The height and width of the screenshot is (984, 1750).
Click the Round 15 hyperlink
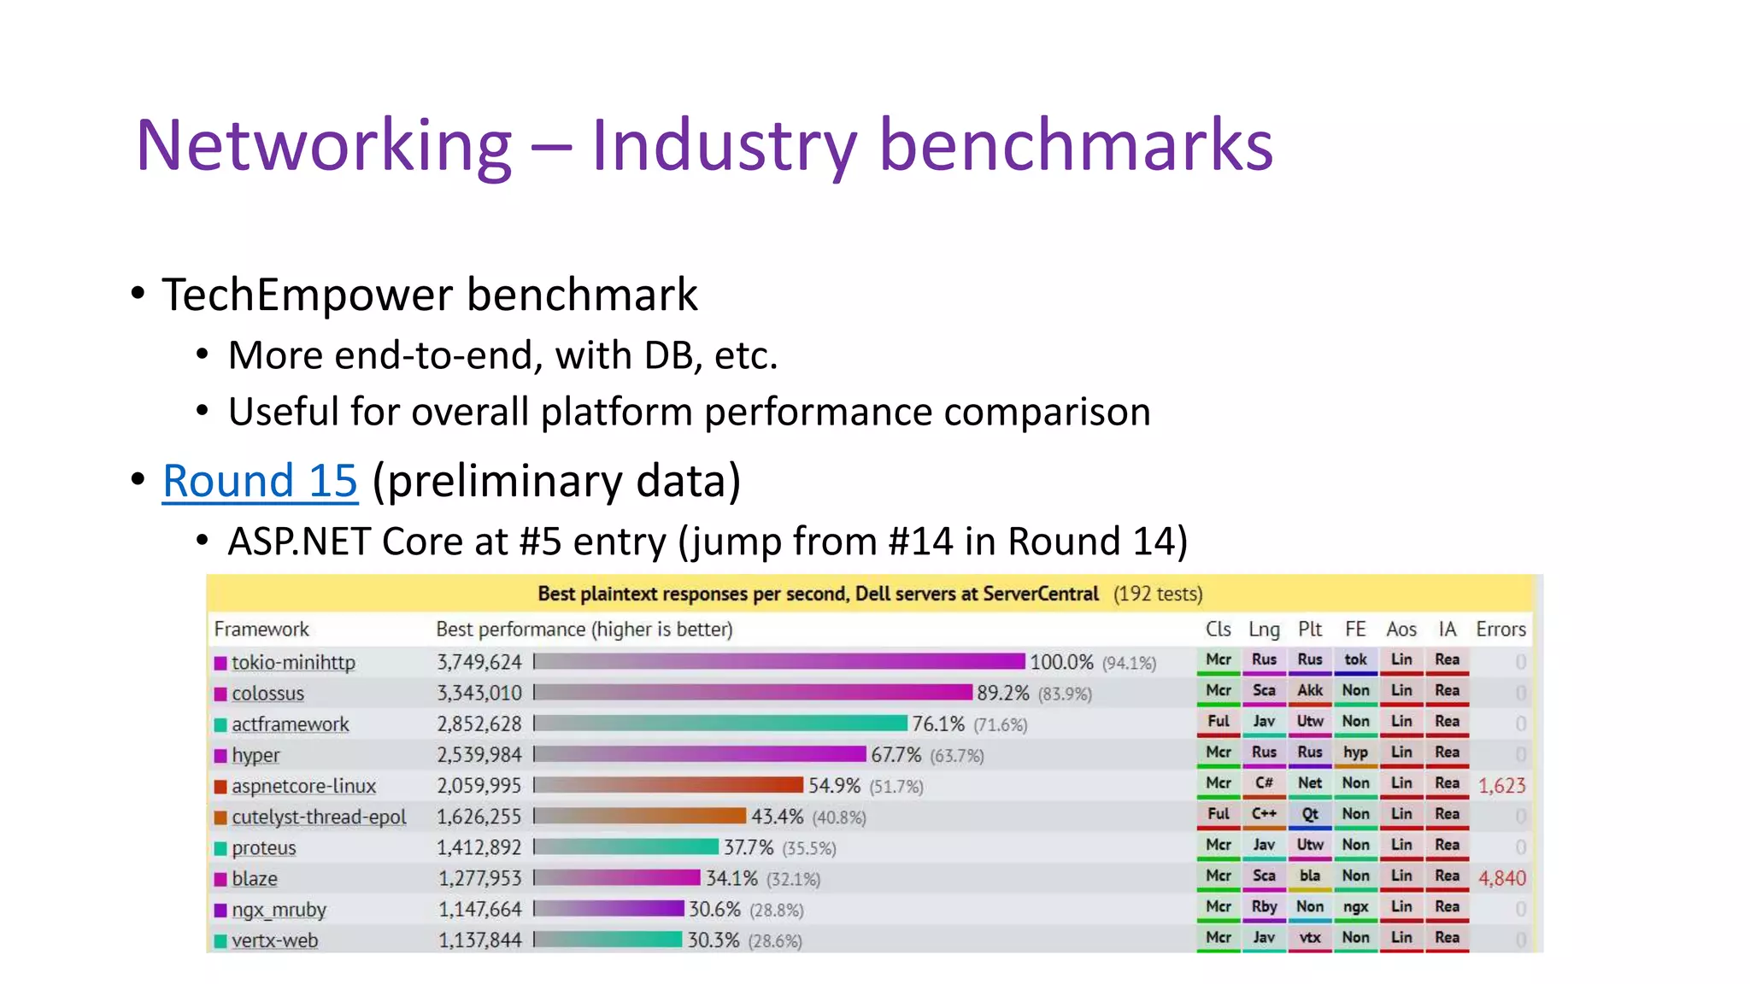(x=260, y=481)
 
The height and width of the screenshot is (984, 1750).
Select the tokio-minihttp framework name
(x=293, y=663)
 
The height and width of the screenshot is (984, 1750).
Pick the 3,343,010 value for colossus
(x=479, y=694)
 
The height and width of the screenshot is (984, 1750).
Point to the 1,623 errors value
(x=1501, y=785)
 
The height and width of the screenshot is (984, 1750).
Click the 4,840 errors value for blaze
(x=1501, y=878)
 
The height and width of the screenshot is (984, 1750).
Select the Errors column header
(x=1500, y=630)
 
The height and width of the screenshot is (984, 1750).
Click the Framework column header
(x=261, y=630)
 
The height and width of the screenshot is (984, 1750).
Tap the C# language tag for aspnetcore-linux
(x=1264, y=783)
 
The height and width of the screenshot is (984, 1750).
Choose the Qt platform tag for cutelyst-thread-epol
(x=1310, y=814)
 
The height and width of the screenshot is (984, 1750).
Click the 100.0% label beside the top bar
(x=1061, y=662)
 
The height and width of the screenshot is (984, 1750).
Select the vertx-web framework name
(x=274, y=940)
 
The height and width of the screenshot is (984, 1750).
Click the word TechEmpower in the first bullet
(x=308, y=295)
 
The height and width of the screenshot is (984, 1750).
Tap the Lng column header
(x=1264, y=630)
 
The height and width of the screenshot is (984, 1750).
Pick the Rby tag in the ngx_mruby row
(x=1264, y=906)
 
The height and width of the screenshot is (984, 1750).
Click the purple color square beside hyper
(x=220, y=755)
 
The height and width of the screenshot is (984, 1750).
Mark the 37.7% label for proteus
(x=749, y=847)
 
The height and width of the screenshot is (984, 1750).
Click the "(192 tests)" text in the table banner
(x=1158, y=594)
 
